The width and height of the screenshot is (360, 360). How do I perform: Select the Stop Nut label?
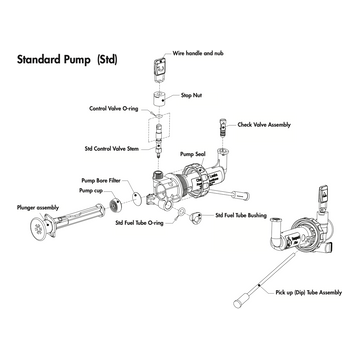pos(194,95)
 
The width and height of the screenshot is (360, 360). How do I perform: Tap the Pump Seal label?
pos(191,156)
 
